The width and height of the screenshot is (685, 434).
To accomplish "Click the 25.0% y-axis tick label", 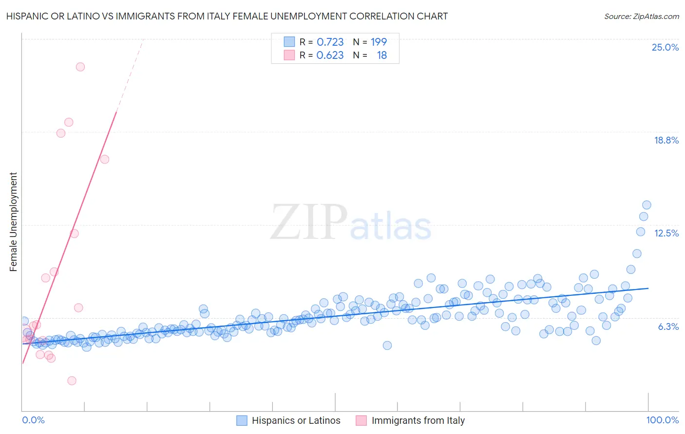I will pyautogui.click(x=665, y=47).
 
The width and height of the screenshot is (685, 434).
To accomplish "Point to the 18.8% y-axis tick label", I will pyautogui.click(x=666, y=140).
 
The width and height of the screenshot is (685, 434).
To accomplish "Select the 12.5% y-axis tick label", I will pyautogui.click(x=666, y=233).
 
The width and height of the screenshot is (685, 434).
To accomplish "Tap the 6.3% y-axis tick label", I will pyautogui.click(x=668, y=326).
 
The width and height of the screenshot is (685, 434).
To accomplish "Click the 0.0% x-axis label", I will pyautogui.click(x=33, y=420).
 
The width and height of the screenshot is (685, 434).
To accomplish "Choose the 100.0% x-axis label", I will pyautogui.click(x=662, y=420).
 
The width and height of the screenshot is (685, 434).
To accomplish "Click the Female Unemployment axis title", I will pyautogui.click(x=13, y=222).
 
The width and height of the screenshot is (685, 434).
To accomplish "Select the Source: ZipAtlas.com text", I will pyautogui.click(x=641, y=16).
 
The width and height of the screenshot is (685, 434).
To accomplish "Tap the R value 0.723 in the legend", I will pyautogui.click(x=330, y=42).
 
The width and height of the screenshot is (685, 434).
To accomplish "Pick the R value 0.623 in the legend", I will pyautogui.click(x=330, y=55).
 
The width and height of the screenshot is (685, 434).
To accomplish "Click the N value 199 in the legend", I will pyautogui.click(x=379, y=42).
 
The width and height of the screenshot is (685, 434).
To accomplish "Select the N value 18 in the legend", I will pyautogui.click(x=381, y=55).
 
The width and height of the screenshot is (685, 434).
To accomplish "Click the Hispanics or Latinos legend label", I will pyautogui.click(x=296, y=420).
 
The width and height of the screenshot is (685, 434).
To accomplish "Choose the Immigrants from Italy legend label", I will pyautogui.click(x=418, y=420).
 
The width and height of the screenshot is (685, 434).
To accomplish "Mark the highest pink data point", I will pyautogui.click(x=80, y=67).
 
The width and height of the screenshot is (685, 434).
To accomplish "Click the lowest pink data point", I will pyautogui.click(x=72, y=380).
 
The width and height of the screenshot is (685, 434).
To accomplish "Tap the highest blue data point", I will pyautogui.click(x=647, y=205).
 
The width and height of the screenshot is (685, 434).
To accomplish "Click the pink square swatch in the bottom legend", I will pyautogui.click(x=361, y=420).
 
